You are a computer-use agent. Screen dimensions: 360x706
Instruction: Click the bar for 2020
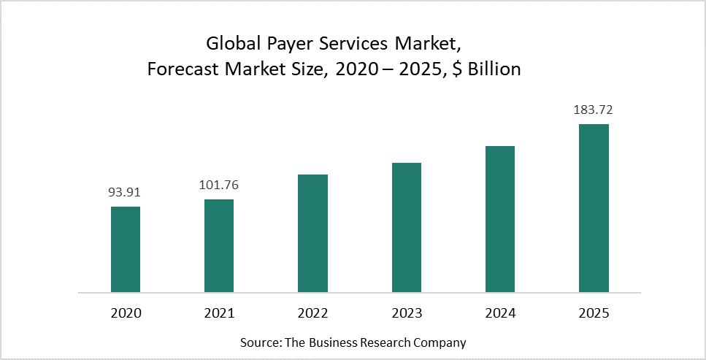tap(126, 249)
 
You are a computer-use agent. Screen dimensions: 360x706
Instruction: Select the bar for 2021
tap(219, 245)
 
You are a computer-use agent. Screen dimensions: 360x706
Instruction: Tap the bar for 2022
tap(312, 233)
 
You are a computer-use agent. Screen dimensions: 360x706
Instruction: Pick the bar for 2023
tap(407, 227)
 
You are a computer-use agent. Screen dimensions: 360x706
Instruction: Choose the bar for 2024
tap(500, 219)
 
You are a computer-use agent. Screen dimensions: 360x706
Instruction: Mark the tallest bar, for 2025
tap(594, 208)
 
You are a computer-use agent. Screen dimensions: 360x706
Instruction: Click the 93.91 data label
tap(125, 193)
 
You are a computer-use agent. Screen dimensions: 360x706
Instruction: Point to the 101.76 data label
tap(219, 185)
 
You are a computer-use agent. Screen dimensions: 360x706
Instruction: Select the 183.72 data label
tap(593, 110)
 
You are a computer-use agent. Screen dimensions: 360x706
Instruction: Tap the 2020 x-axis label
tap(126, 313)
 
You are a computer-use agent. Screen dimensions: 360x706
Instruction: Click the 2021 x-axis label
tap(219, 313)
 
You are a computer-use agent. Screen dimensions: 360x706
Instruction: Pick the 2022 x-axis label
tap(312, 313)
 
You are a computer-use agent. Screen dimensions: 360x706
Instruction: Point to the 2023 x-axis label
tap(407, 313)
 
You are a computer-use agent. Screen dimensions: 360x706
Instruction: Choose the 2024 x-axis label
tap(500, 313)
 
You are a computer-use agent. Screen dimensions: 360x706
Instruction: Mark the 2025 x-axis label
tap(594, 313)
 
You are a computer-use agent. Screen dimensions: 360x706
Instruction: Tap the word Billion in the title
tap(491, 69)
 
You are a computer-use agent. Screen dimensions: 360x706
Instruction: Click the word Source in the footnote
tap(258, 342)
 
